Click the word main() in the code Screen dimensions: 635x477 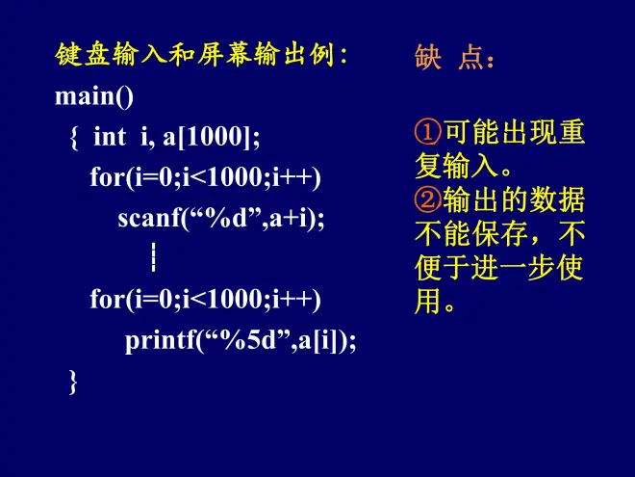94,96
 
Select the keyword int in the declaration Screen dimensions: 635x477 110,136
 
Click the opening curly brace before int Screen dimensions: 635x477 74,138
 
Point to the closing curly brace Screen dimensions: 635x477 73,382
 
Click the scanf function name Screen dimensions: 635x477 149,218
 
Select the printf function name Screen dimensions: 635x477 161,341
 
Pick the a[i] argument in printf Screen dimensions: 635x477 319,340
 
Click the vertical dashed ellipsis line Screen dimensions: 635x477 154,256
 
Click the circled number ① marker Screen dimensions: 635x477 428,132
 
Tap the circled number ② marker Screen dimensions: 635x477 428,199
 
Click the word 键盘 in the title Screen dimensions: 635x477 83,54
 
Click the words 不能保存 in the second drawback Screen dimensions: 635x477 470,233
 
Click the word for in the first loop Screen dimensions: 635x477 107,177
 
